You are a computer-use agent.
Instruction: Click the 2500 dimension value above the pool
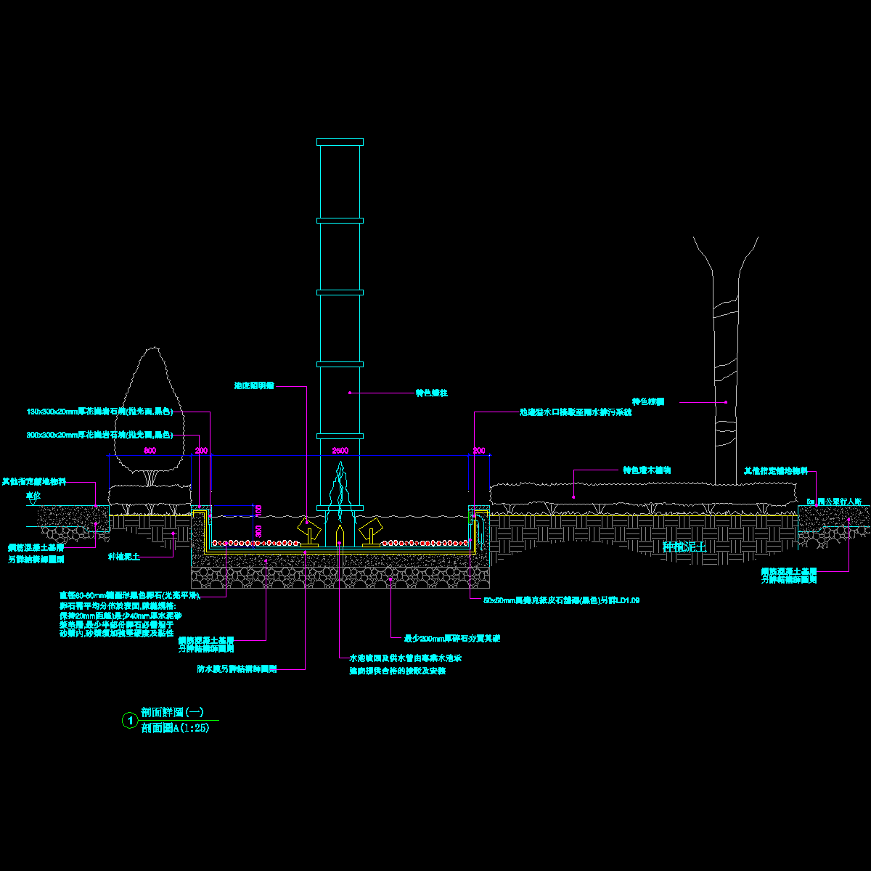pyautogui.click(x=340, y=451)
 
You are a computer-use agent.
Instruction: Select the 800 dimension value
pyautogui.click(x=150, y=451)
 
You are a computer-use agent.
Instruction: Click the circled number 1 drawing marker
pyautogui.click(x=129, y=721)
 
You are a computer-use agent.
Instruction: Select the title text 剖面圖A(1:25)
pyautogui.click(x=176, y=728)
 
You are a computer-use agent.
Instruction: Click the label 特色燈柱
pyautogui.click(x=431, y=393)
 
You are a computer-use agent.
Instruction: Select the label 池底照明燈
pyautogui.click(x=254, y=386)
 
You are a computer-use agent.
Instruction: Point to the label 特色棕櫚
pyautogui.click(x=648, y=401)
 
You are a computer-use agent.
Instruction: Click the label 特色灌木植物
pyautogui.click(x=647, y=470)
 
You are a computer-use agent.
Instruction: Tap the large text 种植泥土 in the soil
pyautogui.click(x=684, y=547)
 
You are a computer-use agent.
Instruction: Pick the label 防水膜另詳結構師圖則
pyautogui.click(x=237, y=668)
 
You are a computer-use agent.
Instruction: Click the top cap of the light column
pyautogui.click(x=340, y=142)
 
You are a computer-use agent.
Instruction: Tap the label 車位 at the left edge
pyautogui.click(x=33, y=495)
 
